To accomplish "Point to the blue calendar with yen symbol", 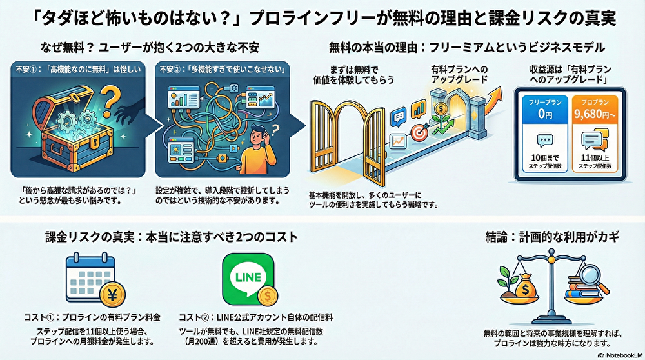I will click(x=90, y=279).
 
